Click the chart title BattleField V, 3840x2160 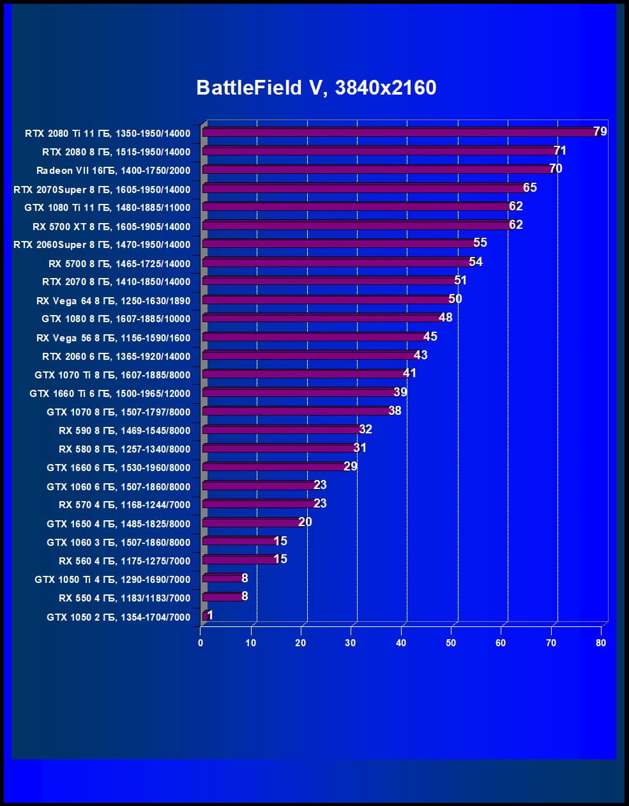[316, 88]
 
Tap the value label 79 [600, 132]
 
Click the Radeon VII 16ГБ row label [113, 171]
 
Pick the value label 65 [530, 188]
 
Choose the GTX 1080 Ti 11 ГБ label [107, 208]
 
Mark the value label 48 [445, 318]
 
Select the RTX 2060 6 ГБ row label [116, 357]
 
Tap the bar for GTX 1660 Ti [300, 392]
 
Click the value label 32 [365, 430]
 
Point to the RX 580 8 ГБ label [125, 449]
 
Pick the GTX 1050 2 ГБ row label [119, 617]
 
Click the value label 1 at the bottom [210, 616]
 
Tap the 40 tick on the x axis [401, 643]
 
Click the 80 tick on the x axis [601, 643]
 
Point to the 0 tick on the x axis [201, 643]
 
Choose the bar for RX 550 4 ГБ [223, 597]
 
